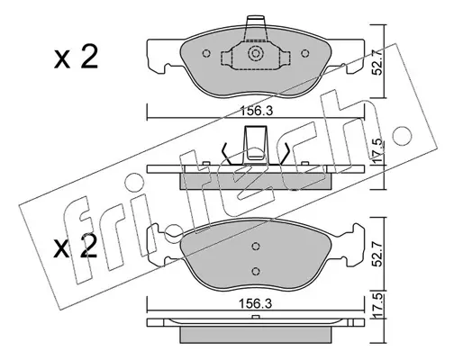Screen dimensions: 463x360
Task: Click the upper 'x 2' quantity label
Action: click(x=76, y=58)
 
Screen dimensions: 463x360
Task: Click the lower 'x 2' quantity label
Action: click(x=76, y=247)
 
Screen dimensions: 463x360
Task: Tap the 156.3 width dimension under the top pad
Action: click(x=256, y=111)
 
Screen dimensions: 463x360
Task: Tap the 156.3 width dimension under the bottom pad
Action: click(x=256, y=303)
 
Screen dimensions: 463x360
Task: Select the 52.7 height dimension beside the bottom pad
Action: click(x=378, y=254)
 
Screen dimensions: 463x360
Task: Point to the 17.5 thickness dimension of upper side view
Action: click(x=378, y=150)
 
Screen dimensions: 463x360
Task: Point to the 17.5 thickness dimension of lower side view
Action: click(x=378, y=305)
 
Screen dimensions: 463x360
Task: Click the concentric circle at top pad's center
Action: click(x=256, y=54)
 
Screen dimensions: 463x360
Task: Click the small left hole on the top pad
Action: click(x=206, y=53)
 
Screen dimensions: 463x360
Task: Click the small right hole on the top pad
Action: click(x=305, y=53)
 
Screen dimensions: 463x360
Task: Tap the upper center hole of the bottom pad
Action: click(x=256, y=246)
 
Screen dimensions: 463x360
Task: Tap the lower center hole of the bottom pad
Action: click(x=256, y=271)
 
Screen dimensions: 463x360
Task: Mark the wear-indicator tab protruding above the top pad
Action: click(x=256, y=28)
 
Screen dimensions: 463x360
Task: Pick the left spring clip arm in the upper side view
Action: click(x=227, y=154)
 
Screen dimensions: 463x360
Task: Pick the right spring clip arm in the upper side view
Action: click(x=284, y=154)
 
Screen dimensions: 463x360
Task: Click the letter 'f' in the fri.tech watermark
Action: click(x=77, y=240)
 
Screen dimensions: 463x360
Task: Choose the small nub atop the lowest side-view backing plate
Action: click(x=256, y=317)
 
